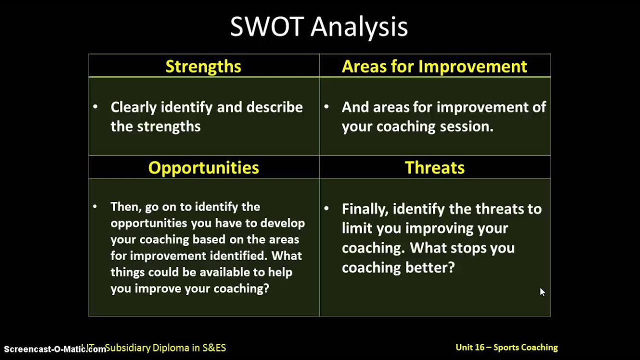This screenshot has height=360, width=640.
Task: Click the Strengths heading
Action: pos(203,66)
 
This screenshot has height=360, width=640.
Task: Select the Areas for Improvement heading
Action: pos(434,66)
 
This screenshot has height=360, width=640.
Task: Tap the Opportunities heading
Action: pos(203,167)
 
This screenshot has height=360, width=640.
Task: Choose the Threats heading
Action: pos(434,167)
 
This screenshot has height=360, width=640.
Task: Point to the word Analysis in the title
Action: pos(359,27)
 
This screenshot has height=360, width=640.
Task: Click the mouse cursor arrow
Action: pos(542,291)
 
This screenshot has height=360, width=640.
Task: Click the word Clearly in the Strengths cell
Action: pos(131,107)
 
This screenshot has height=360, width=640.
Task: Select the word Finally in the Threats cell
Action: pos(365,209)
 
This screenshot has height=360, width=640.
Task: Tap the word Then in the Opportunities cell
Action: pos(123,207)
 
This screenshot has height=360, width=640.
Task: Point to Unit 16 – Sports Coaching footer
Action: pos(506,347)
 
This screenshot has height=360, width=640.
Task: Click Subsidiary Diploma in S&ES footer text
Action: pos(165,347)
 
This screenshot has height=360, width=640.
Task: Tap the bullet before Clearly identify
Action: pos(95,106)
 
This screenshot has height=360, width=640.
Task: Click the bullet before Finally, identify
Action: pos(326,208)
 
